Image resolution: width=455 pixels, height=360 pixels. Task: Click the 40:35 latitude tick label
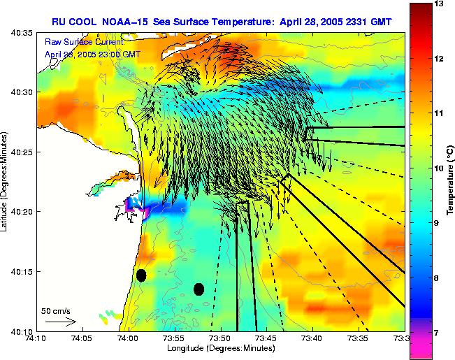[x=22, y=33]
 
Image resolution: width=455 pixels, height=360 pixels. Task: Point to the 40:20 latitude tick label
[x=22, y=212]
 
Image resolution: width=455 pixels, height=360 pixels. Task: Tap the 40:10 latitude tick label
[x=22, y=331]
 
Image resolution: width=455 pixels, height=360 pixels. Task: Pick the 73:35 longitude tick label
[x=359, y=339]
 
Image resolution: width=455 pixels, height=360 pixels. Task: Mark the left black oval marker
[x=141, y=275]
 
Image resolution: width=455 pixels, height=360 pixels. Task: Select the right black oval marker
[x=198, y=289]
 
